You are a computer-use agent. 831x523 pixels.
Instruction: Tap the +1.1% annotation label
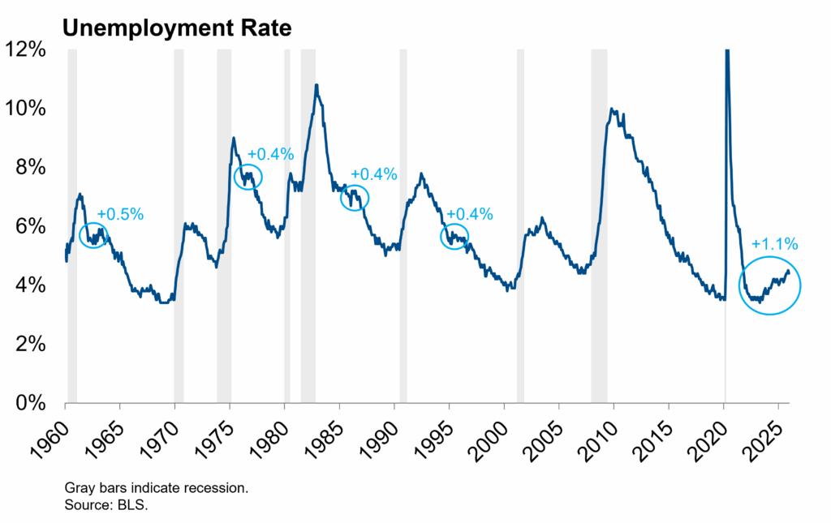click(774, 243)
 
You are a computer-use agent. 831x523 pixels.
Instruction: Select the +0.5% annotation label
click(120, 214)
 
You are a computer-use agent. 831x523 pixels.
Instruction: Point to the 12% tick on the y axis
click(32, 50)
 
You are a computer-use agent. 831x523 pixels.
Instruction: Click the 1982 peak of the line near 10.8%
click(316, 85)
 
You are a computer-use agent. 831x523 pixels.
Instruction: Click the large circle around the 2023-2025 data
click(769, 285)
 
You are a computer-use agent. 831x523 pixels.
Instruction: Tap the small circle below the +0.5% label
click(94, 235)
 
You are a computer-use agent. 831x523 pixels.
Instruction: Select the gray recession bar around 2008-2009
click(599, 226)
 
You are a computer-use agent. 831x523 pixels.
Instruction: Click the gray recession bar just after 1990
click(403, 226)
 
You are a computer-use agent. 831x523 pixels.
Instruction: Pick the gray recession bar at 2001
click(520, 226)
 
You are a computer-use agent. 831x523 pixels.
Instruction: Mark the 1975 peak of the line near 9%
click(234, 139)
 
